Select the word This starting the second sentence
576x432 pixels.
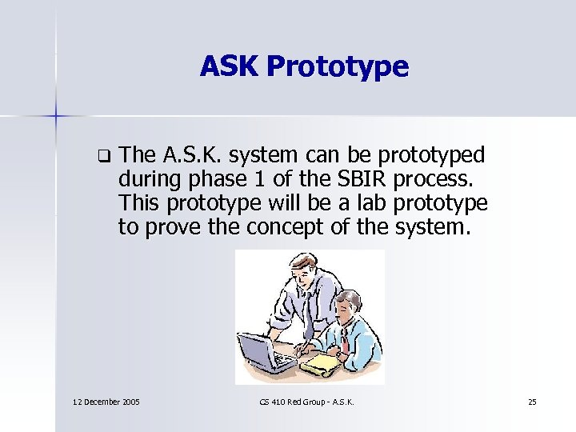[140, 202]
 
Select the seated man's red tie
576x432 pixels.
[342, 338]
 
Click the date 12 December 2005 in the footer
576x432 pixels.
[106, 401]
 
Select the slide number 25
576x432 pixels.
[532, 401]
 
